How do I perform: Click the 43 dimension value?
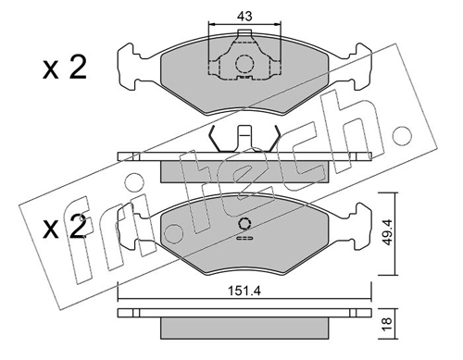click(244, 16)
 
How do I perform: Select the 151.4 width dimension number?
click(244, 291)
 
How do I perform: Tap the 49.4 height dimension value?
click(386, 232)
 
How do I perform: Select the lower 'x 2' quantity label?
click(65, 228)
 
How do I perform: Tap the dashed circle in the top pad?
click(244, 64)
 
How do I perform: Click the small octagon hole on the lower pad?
click(244, 224)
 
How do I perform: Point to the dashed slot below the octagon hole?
click(244, 238)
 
